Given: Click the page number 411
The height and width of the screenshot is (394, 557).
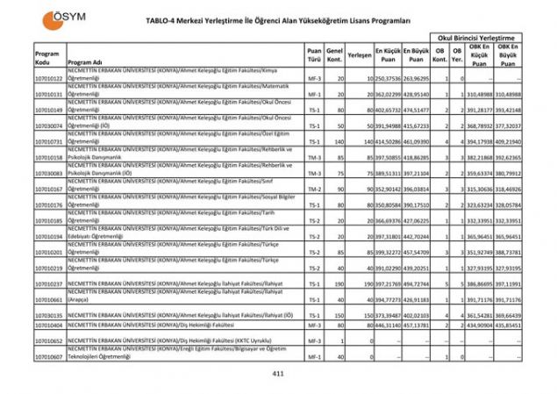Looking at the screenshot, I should click(278, 374).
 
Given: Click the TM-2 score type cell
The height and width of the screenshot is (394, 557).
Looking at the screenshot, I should click(314, 190).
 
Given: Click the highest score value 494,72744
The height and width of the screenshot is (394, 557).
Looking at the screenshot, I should click(418, 284).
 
